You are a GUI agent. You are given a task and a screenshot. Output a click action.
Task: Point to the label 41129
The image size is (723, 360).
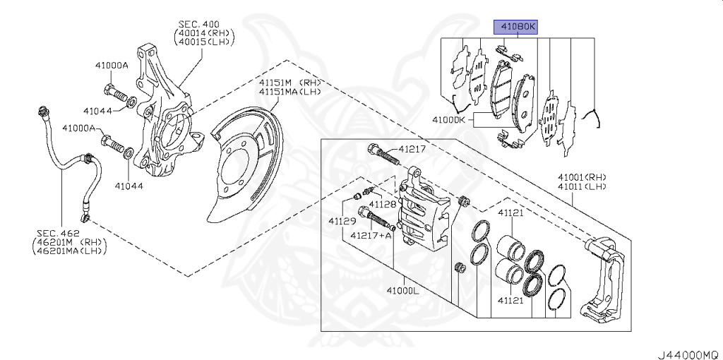click(x=341, y=222)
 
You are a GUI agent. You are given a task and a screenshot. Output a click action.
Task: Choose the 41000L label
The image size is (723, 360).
click(x=402, y=290)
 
